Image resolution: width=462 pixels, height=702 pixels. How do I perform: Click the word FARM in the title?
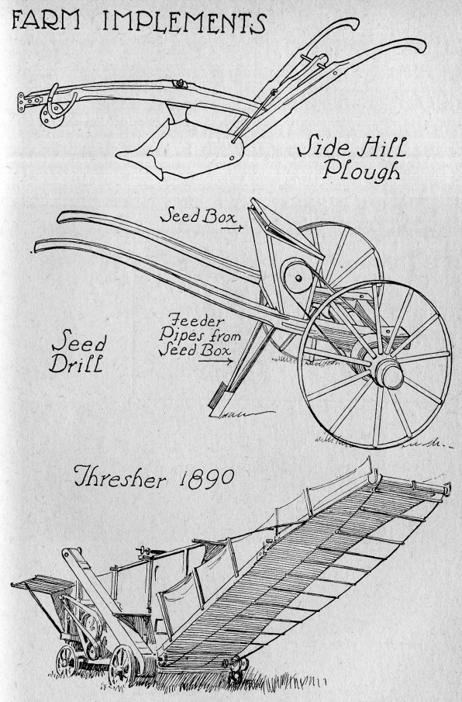coord(46,20)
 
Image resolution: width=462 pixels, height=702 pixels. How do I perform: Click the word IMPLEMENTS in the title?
coord(184,22)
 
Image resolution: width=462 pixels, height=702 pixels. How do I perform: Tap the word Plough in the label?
coord(361,170)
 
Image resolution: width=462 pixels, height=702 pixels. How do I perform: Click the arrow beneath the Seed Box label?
coord(232,228)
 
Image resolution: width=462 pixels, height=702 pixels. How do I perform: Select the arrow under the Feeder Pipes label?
coord(215,361)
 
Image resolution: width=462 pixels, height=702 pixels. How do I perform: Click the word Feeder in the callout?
coord(195,320)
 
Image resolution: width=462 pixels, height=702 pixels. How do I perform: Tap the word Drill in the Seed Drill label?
coord(77,364)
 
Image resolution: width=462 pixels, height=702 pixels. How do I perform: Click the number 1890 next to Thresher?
coord(206,479)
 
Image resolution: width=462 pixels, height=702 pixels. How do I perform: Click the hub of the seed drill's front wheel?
coord(388,372)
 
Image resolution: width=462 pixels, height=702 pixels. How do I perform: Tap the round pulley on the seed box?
coord(298,278)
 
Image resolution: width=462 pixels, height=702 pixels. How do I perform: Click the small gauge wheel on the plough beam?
coord(51,117)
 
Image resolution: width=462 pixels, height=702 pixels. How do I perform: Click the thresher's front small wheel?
coord(122,665)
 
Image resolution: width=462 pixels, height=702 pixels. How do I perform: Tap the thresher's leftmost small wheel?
coord(66,660)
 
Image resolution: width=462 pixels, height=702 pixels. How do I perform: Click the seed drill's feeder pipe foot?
coord(220,403)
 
